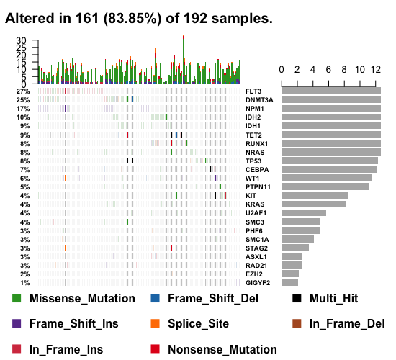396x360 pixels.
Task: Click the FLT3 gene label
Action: point(253,91)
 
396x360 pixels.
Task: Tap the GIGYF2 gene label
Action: point(258,283)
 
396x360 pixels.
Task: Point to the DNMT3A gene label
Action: point(258,100)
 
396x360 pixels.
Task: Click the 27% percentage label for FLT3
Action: point(24,91)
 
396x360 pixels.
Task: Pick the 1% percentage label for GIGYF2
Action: point(25,283)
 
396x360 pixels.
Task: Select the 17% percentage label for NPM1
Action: point(24,109)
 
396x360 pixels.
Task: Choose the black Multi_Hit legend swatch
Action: point(297,298)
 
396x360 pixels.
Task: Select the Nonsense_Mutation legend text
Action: point(222,350)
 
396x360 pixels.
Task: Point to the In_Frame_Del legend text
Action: point(347,324)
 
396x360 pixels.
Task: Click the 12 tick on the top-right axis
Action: point(375,70)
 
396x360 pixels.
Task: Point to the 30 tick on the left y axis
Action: point(20,41)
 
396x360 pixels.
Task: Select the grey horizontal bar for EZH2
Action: point(290,274)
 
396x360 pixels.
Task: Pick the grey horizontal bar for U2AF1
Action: point(304,212)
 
